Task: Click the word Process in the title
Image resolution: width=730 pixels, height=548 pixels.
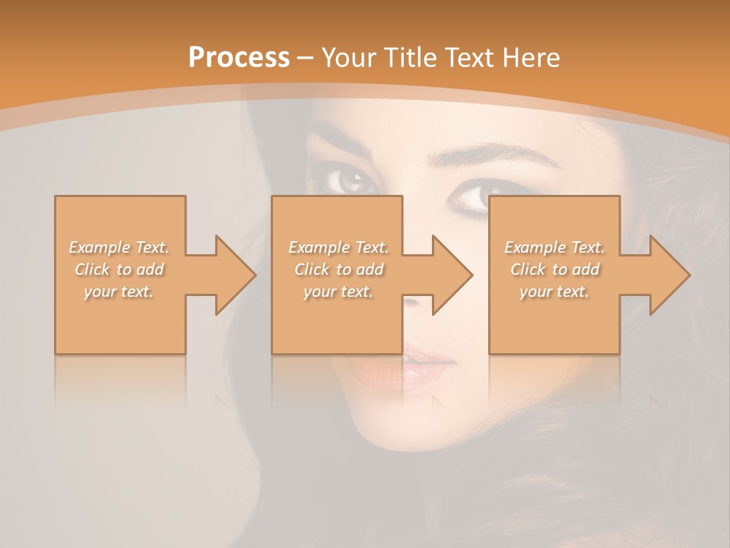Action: [239, 58]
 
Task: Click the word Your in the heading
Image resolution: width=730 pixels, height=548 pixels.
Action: [349, 58]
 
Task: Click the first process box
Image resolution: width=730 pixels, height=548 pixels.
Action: [119, 320]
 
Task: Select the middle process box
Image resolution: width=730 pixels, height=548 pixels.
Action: [337, 320]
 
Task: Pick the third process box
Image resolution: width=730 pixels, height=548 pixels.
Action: [554, 320]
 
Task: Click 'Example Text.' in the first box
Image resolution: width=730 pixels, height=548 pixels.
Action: [119, 247]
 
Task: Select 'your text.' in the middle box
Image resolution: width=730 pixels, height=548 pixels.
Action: [338, 292]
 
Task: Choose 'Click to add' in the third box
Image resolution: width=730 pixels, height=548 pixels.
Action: [555, 269]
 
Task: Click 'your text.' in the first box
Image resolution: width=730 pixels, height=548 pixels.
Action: [119, 292]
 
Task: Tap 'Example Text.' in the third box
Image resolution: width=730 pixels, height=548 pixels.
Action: [555, 247]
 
